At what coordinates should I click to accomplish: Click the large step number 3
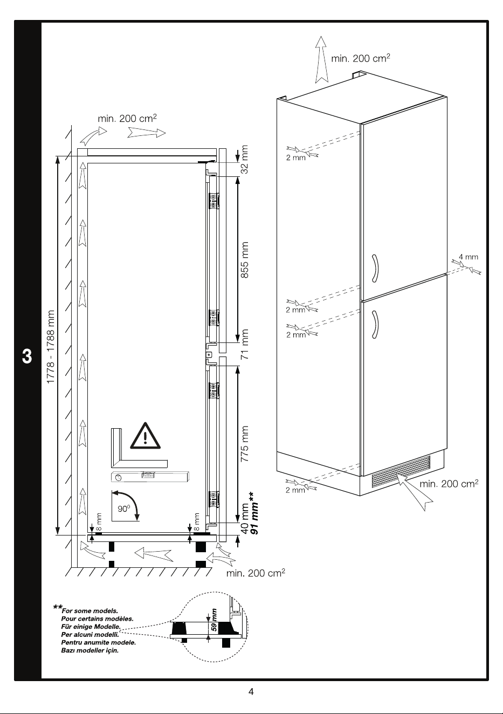tap(27, 356)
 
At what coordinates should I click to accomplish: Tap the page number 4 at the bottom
tap(251, 691)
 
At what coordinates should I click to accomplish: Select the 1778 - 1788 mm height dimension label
tap(51, 347)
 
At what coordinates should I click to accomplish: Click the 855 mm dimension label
tap(244, 260)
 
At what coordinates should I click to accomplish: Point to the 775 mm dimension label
tap(244, 444)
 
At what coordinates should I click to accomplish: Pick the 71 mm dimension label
tap(244, 344)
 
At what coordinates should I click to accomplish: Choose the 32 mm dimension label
tap(244, 160)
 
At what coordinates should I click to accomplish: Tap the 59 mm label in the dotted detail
tap(214, 620)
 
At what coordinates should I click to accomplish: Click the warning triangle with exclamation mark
tap(146, 437)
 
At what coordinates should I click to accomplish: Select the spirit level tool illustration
tap(150, 477)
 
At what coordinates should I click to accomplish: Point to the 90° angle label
tap(124, 509)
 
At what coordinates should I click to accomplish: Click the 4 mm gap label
tap(468, 257)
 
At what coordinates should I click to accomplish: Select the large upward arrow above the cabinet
tap(322, 60)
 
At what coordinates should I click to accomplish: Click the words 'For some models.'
tap(90, 611)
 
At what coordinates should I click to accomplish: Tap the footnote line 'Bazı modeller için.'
tap(90, 650)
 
